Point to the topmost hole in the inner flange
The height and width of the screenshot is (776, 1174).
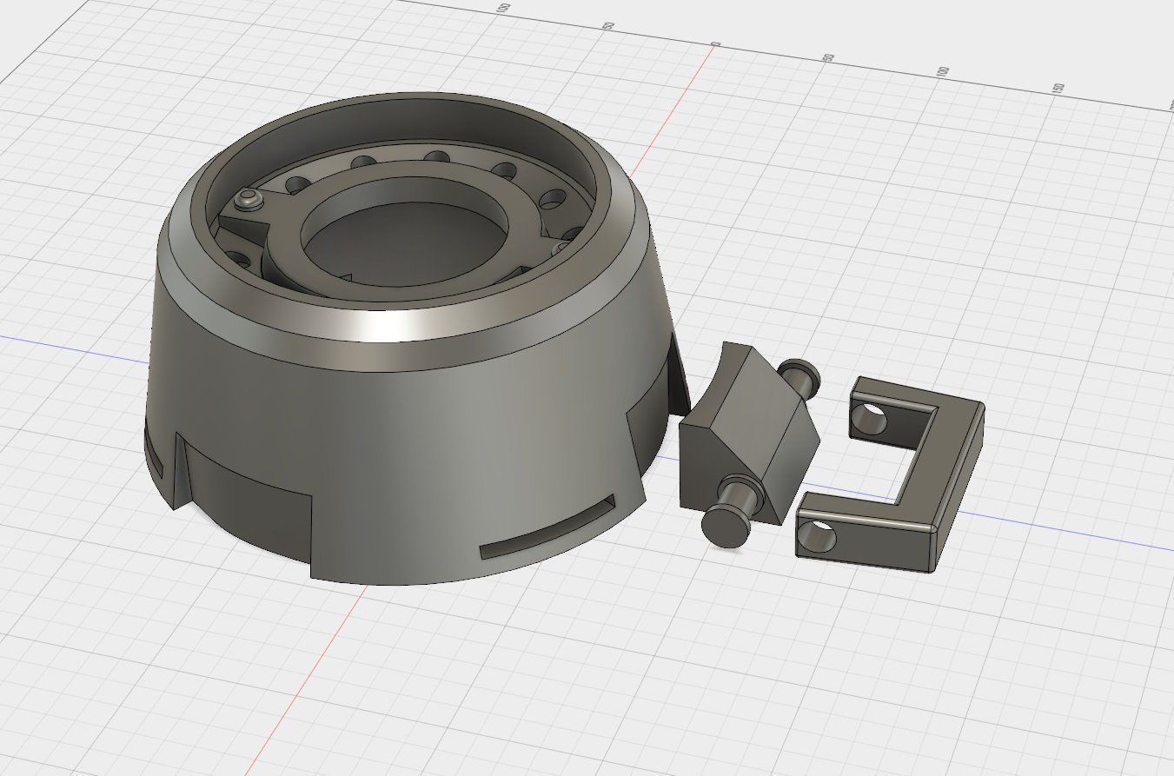tap(437, 157)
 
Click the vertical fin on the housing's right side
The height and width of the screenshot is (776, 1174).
tap(672, 374)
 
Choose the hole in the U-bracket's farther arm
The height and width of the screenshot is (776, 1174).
tap(869, 421)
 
